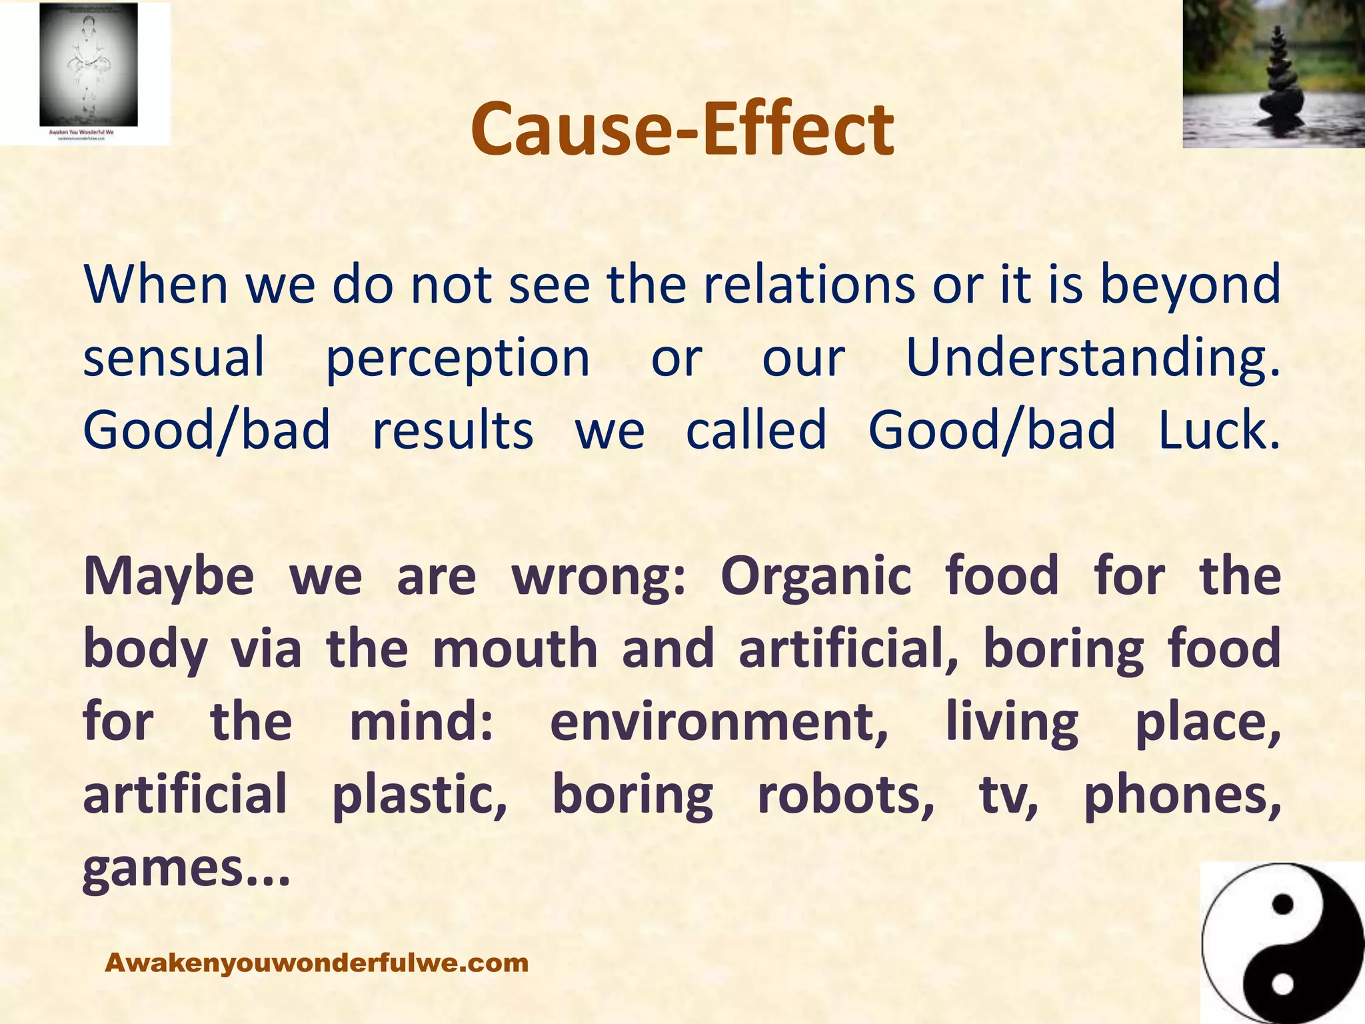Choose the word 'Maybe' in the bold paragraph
pos(169,577)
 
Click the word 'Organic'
pos(815,577)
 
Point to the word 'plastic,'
pos(420,796)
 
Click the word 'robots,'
pos(846,795)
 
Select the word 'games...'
pos(187,869)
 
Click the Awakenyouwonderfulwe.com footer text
pos(317,963)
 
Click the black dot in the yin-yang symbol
pos(1282,905)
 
